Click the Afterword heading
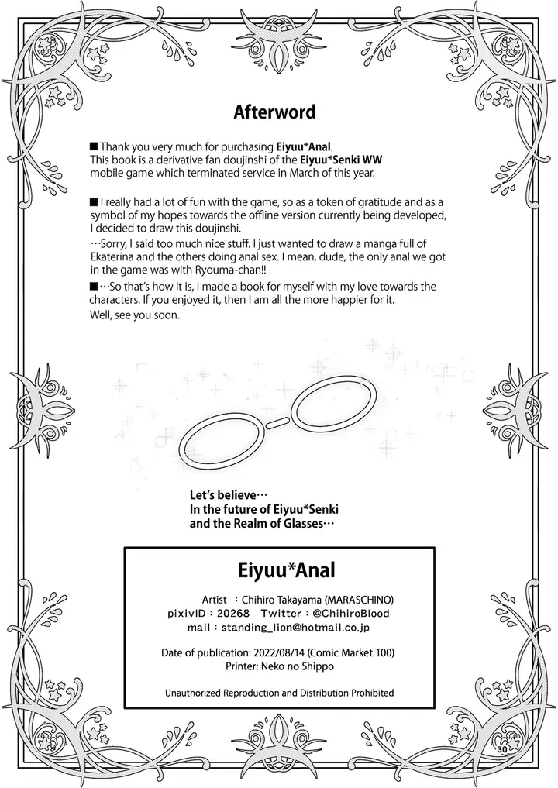[x=274, y=112]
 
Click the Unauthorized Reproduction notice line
[x=280, y=693]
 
